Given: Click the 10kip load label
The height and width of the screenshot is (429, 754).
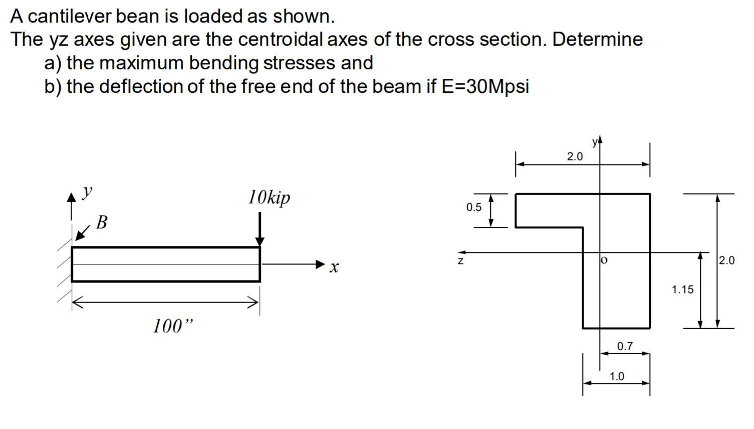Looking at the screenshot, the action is pos(269,197).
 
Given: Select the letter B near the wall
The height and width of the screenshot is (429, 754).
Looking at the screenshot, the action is pos(101,222).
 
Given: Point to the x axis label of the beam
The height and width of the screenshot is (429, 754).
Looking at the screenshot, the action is pos(334,267).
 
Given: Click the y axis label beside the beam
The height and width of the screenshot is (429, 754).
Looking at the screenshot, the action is pos(88,191).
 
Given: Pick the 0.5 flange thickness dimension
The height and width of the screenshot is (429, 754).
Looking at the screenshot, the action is pos(473,207).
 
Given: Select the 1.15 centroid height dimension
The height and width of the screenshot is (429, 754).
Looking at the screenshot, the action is pos(682,289).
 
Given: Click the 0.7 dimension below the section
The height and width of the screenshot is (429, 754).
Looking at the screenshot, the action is pos(625,346).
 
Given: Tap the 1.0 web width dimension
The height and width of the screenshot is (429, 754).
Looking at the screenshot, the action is pos(617,376).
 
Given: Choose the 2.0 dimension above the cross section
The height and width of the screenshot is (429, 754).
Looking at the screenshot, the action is pos(575,157).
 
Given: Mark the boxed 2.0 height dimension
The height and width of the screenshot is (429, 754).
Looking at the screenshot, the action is pos(726,260).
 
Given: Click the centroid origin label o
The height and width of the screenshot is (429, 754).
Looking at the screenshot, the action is pos(604,260).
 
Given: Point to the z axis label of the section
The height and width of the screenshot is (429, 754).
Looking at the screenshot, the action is pos(460,261).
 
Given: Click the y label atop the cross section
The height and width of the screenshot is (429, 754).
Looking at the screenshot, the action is pos(595,142).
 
